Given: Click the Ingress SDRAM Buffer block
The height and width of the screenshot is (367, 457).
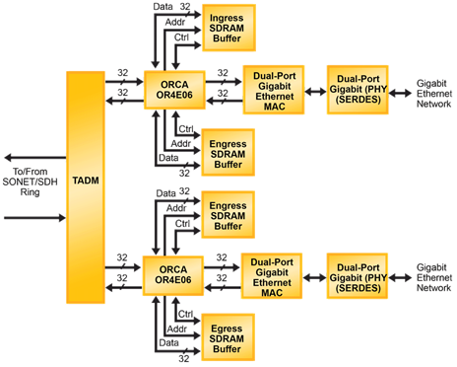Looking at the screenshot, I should tap(228, 27).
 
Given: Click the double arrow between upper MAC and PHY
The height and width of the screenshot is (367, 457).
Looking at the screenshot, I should tap(316, 87).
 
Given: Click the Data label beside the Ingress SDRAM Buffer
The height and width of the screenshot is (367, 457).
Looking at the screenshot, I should tap(163, 6).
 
